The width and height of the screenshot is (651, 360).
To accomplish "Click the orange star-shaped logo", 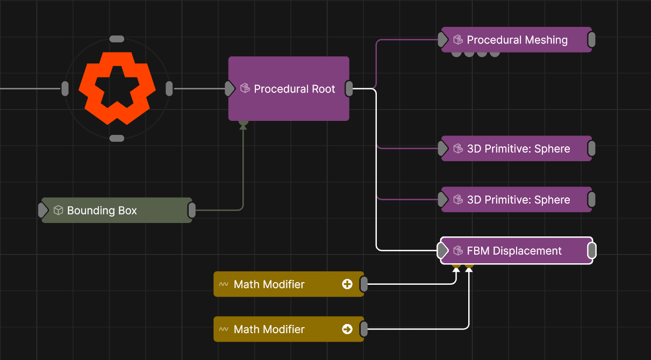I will click(x=117, y=88).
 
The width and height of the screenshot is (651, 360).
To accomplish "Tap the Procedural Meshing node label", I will click(x=517, y=40).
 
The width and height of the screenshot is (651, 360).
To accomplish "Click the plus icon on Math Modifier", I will click(x=347, y=284).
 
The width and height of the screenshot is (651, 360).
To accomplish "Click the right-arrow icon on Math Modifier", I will click(x=347, y=329).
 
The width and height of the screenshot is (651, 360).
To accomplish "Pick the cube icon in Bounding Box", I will click(x=59, y=211).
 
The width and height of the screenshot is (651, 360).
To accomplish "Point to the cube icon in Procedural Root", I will click(x=245, y=89).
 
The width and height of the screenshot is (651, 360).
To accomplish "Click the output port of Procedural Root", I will click(x=349, y=89).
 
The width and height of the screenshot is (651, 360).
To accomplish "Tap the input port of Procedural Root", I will click(x=230, y=89).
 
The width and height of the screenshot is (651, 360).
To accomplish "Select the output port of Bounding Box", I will click(x=191, y=211).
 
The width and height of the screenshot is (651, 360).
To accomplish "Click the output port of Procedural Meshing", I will click(x=591, y=40).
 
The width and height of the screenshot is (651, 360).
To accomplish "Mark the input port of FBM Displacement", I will click(x=442, y=251).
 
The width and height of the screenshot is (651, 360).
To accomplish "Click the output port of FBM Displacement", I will click(x=591, y=251).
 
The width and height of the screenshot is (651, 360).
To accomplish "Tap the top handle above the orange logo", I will click(x=117, y=39).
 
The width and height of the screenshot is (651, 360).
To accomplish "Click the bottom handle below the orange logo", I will click(x=117, y=139).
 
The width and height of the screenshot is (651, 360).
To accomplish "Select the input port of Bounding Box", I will click(x=43, y=211).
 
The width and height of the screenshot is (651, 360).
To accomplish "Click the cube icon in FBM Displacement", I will click(x=458, y=251).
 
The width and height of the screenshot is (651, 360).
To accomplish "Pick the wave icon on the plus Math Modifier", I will click(x=224, y=284).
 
